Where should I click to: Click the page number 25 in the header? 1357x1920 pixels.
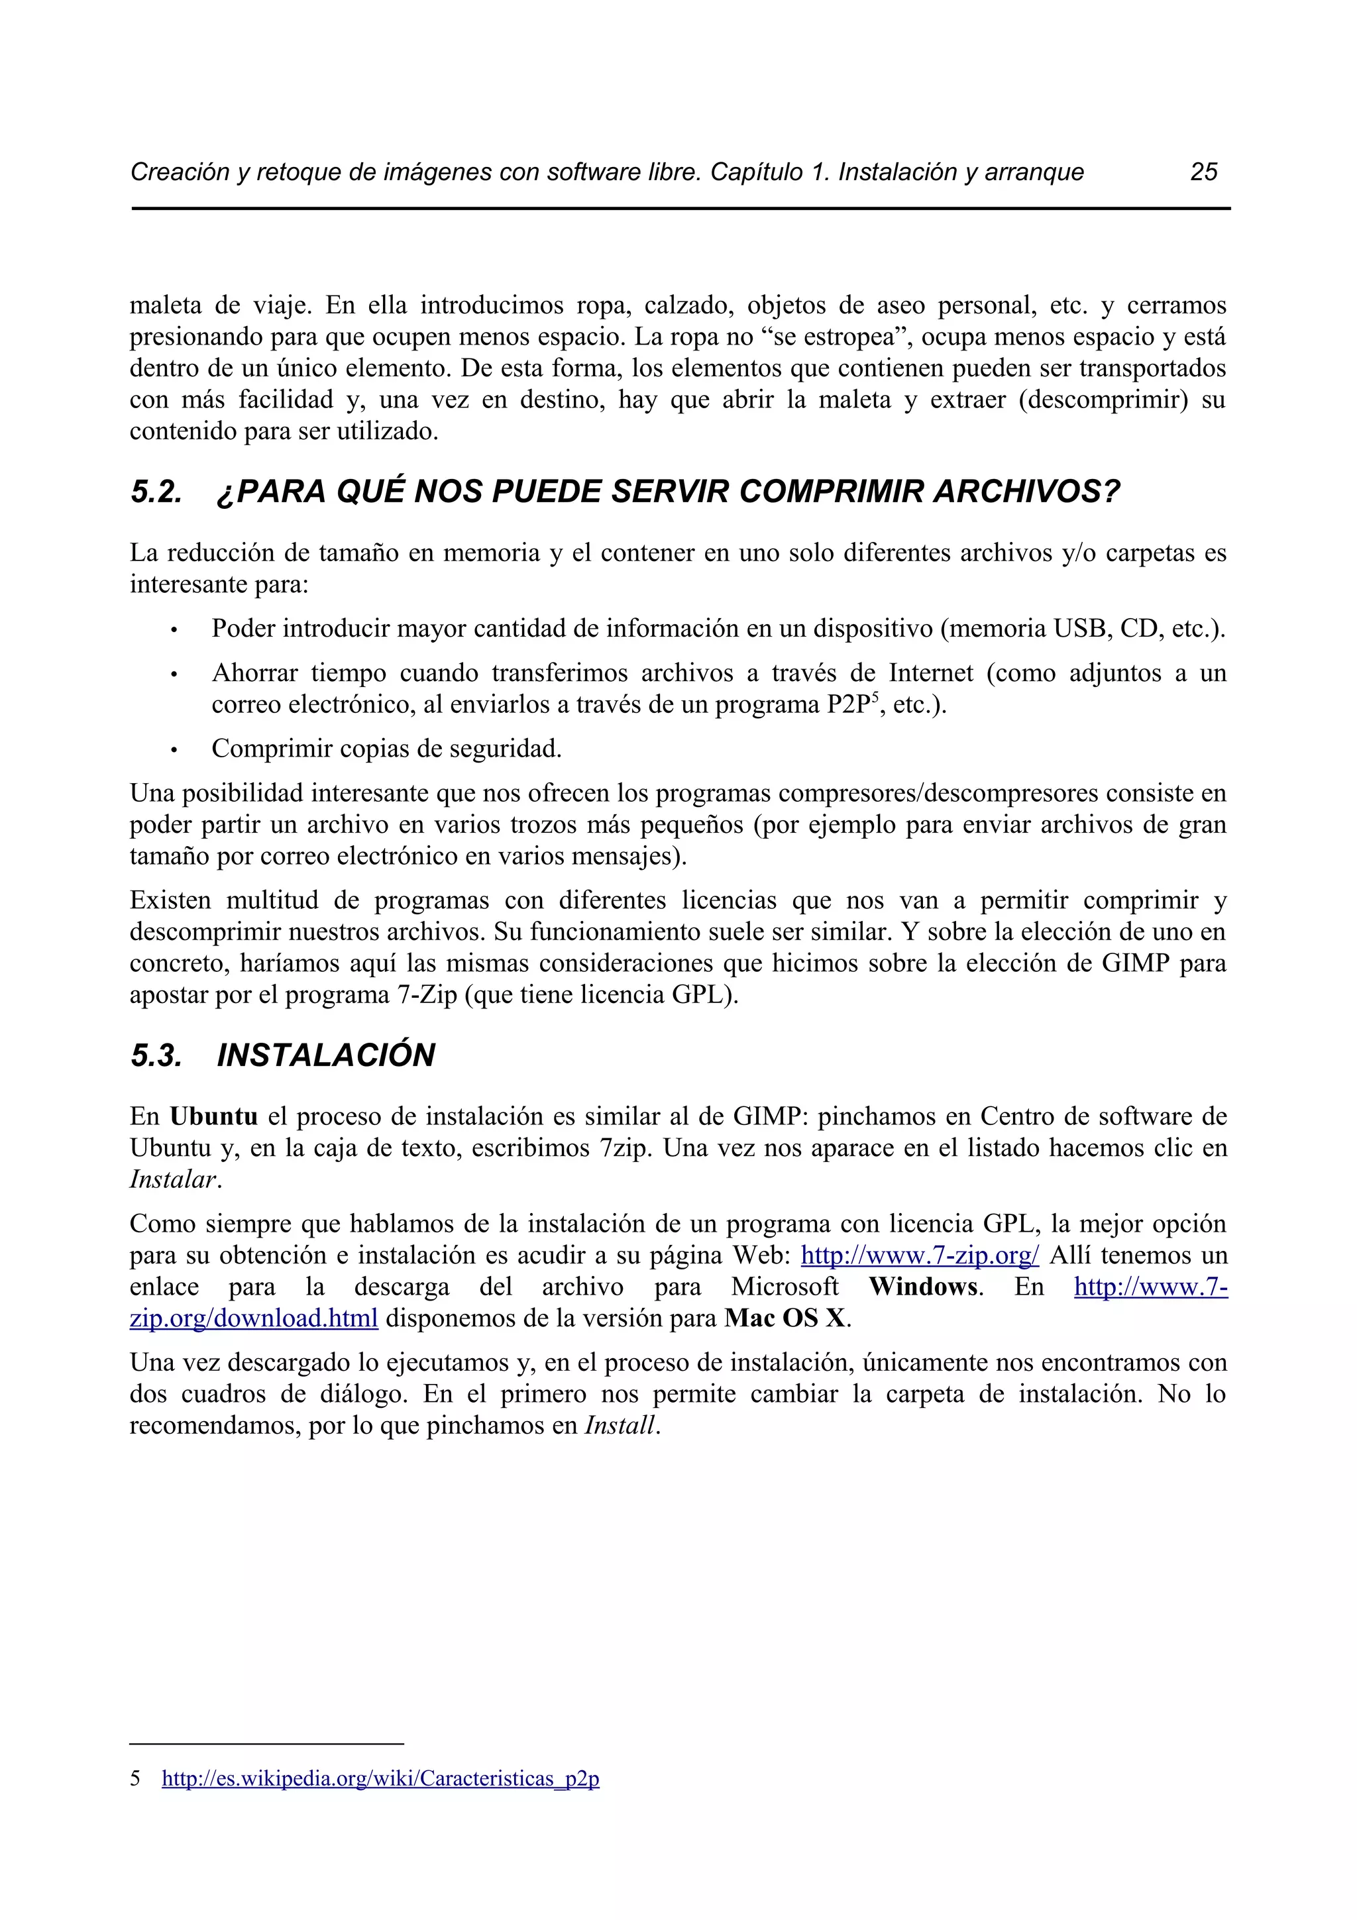pos(1203,172)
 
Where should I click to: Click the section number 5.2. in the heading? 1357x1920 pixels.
pos(156,492)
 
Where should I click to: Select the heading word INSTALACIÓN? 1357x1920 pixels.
pos(325,1055)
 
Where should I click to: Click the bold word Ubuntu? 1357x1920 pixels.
pos(213,1116)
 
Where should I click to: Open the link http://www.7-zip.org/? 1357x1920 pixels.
pos(920,1255)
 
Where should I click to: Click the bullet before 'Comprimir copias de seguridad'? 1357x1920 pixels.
pos(173,750)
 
